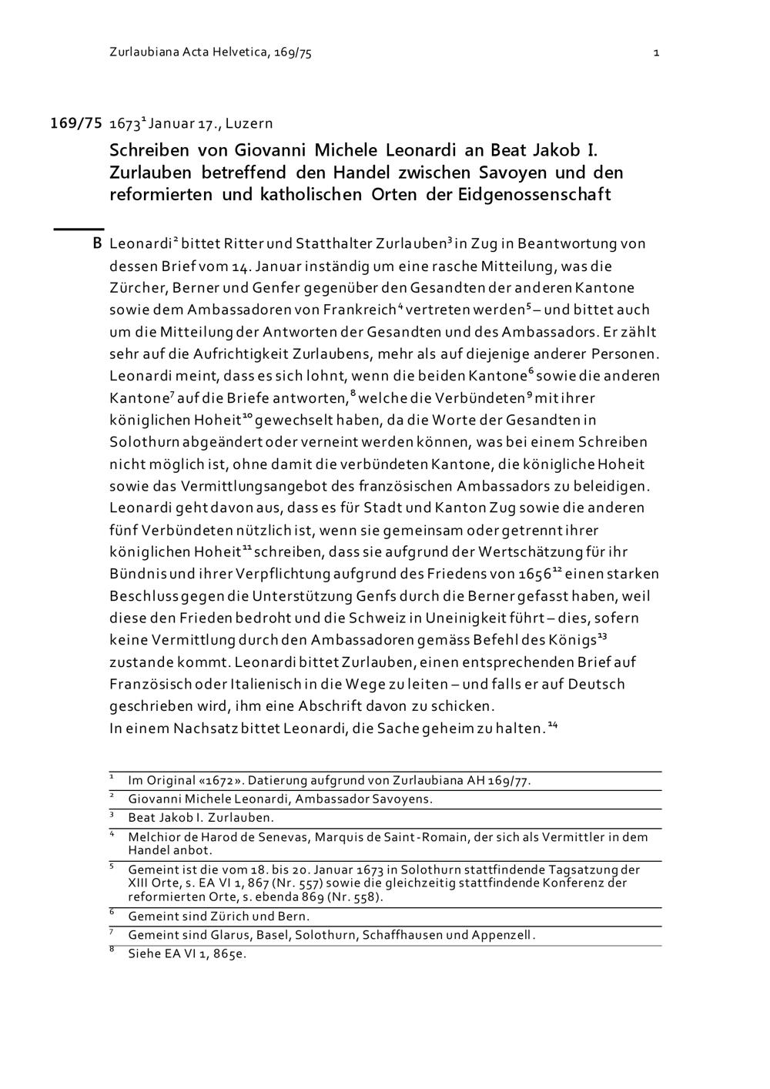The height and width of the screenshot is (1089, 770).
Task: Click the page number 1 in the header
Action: (655, 53)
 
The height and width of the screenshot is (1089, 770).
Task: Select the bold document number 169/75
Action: (76, 122)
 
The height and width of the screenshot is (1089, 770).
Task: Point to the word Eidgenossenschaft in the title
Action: (534, 194)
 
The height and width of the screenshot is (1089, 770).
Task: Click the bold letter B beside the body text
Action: (97, 244)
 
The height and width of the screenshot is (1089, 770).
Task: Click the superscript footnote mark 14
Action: (552, 725)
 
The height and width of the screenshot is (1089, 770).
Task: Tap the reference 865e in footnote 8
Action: (230, 954)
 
